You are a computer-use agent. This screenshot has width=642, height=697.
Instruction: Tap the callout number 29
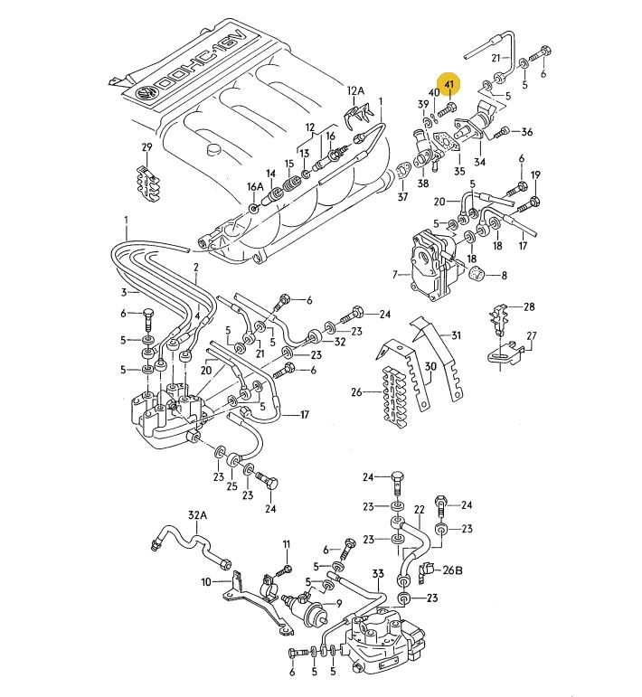(x=146, y=147)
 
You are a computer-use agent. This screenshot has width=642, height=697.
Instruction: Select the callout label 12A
(x=354, y=90)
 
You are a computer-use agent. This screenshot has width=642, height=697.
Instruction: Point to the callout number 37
(x=402, y=196)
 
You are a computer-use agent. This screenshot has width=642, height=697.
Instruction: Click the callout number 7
(x=394, y=274)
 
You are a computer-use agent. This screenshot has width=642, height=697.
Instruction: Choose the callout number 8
(x=504, y=275)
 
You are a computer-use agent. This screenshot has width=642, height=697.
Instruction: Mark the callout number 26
(x=356, y=392)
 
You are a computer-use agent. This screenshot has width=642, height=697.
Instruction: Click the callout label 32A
(x=197, y=515)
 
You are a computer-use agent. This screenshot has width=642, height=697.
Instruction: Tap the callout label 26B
(x=452, y=570)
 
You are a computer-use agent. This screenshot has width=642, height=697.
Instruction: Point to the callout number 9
(x=338, y=604)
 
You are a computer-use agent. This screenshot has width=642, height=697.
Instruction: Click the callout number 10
(x=205, y=581)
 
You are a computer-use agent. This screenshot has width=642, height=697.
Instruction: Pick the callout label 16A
(x=254, y=186)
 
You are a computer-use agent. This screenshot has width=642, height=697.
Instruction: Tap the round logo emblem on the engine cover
(x=144, y=94)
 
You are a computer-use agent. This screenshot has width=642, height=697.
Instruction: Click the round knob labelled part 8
(x=477, y=274)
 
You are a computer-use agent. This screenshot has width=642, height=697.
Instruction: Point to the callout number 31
(x=456, y=335)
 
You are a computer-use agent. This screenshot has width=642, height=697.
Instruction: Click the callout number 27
(x=532, y=335)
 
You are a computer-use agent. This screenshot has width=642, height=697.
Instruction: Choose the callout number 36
(x=526, y=132)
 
